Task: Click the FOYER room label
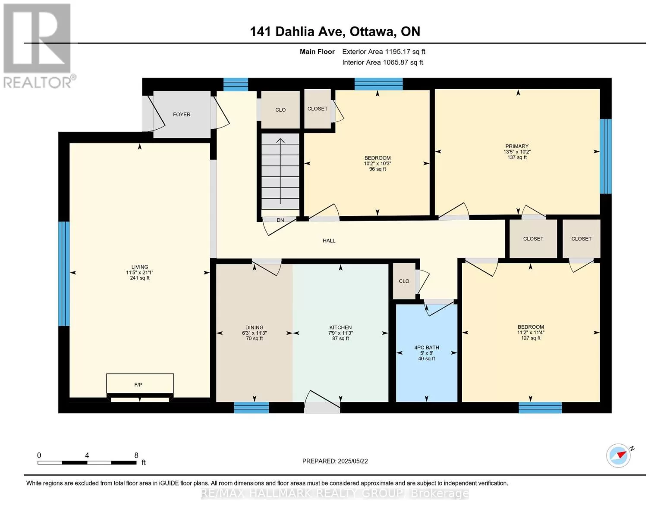pyautogui.click(x=182, y=115)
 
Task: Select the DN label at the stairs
pyautogui.click(x=280, y=220)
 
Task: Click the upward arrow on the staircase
pyautogui.click(x=280, y=171)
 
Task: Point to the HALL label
pyautogui.click(x=329, y=240)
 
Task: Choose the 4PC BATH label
pyautogui.click(x=427, y=348)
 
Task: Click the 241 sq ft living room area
pyautogui.click(x=140, y=278)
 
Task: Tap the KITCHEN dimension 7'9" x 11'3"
pyautogui.click(x=340, y=333)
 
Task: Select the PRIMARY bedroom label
pyautogui.click(x=517, y=146)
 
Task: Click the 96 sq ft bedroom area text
pyautogui.click(x=377, y=169)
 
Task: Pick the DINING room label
pyautogui.click(x=255, y=327)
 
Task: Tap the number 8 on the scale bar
pyautogui.click(x=136, y=455)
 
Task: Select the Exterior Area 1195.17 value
pyautogui.click(x=399, y=52)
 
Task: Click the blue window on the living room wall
pyautogui.click(x=64, y=274)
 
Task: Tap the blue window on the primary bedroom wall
pyautogui.click(x=606, y=156)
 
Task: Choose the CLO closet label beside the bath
pyautogui.click(x=404, y=281)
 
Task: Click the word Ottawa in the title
pyautogui.click(x=373, y=31)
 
